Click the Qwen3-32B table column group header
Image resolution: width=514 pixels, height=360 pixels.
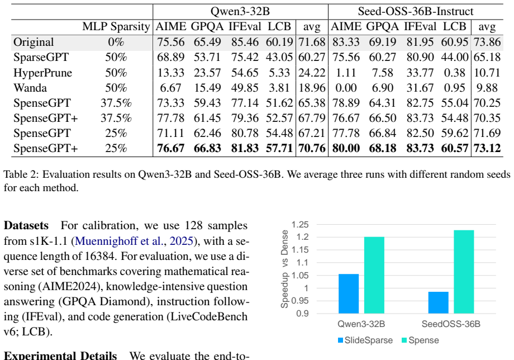(x=240, y=12)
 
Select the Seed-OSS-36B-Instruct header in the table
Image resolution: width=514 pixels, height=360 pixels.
(x=415, y=12)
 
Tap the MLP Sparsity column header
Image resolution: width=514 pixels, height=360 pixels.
(x=116, y=27)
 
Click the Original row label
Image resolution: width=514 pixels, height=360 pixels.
(x=34, y=42)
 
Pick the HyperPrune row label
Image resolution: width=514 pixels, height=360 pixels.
(x=42, y=73)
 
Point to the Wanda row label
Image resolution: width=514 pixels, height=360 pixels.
(x=30, y=88)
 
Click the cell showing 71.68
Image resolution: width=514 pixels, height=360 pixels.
(x=312, y=42)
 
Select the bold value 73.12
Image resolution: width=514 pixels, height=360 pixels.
(x=487, y=148)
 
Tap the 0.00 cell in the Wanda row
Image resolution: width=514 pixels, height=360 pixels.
(x=346, y=88)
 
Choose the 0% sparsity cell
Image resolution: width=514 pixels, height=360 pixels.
(x=116, y=42)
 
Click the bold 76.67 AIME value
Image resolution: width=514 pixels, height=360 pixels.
(x=170, y=148)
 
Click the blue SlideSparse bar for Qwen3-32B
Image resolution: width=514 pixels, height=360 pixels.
(x=349, y=294)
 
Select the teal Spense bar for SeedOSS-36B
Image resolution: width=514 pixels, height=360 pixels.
(x=464, y=272)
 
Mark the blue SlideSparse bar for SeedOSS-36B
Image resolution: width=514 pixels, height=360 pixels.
(x=438, y=302)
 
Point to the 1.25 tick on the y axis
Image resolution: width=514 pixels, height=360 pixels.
(x=300, y=225)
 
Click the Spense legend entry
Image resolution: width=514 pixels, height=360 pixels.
(x=420, y=340)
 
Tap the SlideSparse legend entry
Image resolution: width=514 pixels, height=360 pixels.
(x=365, y=340)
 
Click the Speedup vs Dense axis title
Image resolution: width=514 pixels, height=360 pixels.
(x=284, y=269)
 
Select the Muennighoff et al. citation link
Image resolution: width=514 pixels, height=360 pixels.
(x=134, y=241)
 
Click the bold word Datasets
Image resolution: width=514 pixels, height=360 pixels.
(x=26, y=226)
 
